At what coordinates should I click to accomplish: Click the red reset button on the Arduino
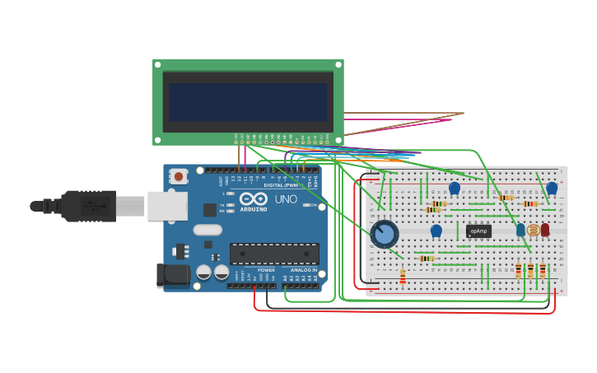(178, 175)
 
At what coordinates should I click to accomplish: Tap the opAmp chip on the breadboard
(478, 231)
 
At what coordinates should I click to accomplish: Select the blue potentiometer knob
(384, 235)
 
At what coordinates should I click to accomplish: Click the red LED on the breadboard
(545, 230)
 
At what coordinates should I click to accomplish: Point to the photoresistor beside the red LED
(533, 231)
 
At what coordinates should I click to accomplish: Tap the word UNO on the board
(285, 199)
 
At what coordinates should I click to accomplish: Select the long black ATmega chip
(274, 254)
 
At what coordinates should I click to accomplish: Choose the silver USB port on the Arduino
(167, 206)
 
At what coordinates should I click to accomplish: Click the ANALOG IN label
(302, 270)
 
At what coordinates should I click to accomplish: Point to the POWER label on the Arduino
(266, 270)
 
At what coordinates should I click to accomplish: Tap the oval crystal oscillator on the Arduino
(208, 231)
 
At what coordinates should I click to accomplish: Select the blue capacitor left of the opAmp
(436, 231)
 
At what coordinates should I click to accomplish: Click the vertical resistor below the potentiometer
(402, 276)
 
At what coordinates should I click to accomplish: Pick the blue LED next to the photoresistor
(520, 230)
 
